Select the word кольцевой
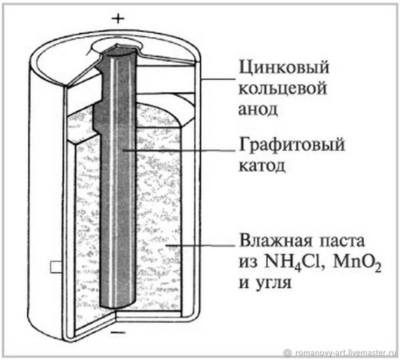(x=283, y=89)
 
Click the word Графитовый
(x=292, y=145)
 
